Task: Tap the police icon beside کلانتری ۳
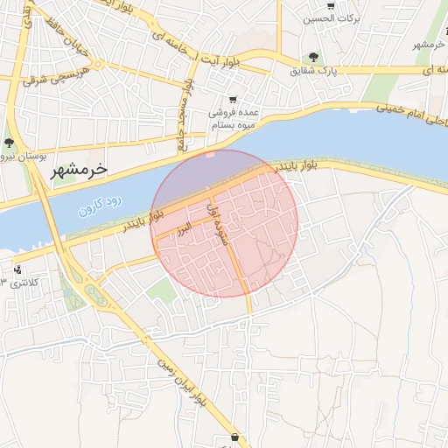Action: pyautogui.click(x=18, y=268)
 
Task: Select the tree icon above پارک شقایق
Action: pyautogui.click(x=314, y=57)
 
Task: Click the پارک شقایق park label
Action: pyautogui.click(x=314, y=70)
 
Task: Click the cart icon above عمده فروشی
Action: pyautogui.click(x=233, y=100)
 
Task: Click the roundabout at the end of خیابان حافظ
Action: pyautogui.click(x=99, y=64)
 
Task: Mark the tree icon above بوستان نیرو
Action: pyautogui.click(x=9, y=143)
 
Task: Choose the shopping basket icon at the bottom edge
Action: pyautogui.click(x=234, y=436)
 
